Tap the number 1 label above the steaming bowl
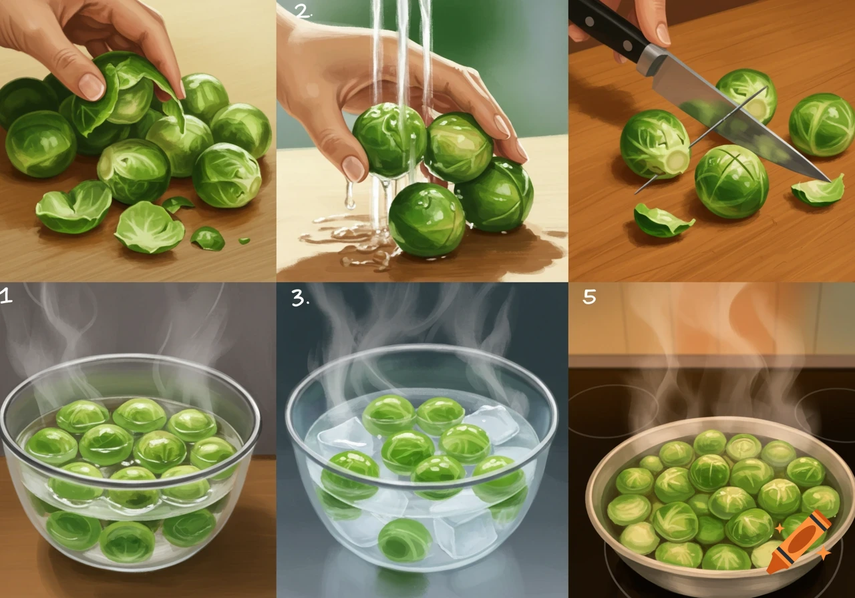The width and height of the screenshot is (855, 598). coord(6,296)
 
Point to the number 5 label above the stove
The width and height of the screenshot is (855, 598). coord(589,296)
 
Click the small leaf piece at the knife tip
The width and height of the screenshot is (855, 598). coord(816,192)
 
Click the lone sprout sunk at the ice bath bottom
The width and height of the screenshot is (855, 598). coord(405,540)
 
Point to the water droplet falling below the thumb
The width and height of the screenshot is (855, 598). coord(349,194)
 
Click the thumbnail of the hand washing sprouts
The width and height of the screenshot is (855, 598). coord(354,168)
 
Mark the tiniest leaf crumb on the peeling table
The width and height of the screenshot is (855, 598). coord(244,240)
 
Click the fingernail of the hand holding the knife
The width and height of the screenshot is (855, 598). coord(663,33)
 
